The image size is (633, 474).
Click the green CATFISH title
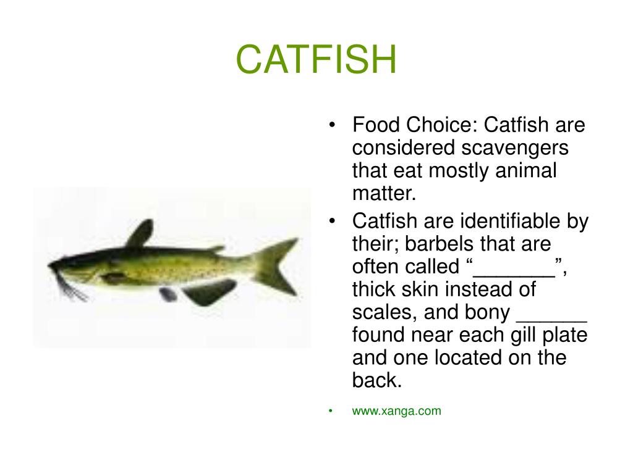point(316,60)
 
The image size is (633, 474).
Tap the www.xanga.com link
point(396,411)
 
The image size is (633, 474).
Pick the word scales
point(383,312)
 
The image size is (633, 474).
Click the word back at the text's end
point(376,381)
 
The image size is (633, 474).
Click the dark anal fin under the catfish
point(208,291)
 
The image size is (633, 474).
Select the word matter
point(384,194)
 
